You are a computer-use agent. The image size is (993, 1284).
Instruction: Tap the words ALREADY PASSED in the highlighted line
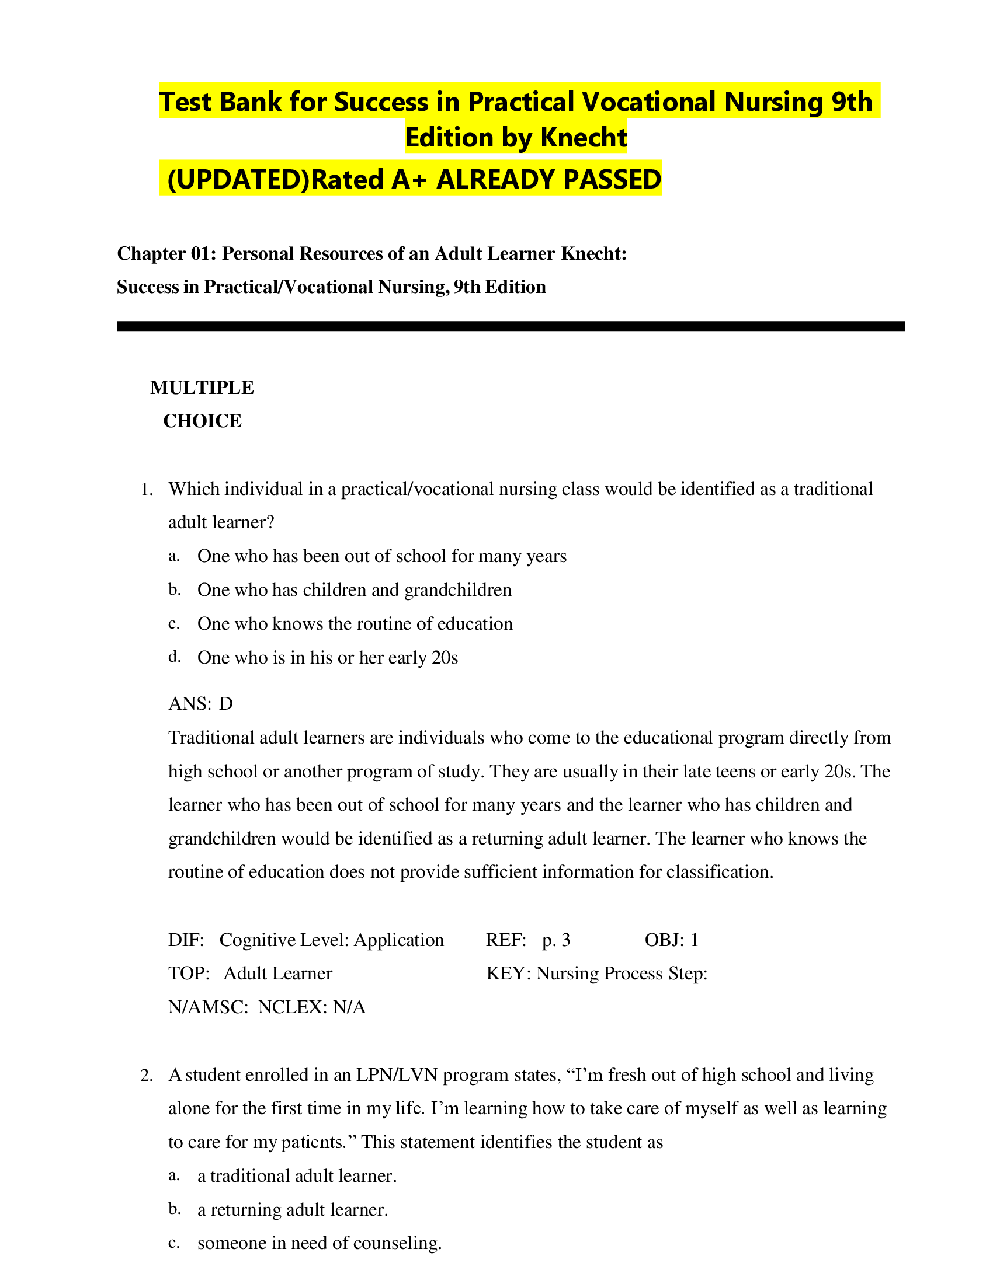(x=549, y=179)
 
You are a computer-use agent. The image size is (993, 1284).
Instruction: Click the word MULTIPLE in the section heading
(x=202, y=388)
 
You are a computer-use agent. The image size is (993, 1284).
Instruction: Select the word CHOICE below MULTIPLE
(x=202, y=421)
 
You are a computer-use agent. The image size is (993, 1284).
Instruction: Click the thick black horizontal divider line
(x=510, y=326)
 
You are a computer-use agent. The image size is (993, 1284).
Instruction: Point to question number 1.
(x=147, y=490)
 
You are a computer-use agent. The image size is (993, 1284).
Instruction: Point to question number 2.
(x=147, y=1076)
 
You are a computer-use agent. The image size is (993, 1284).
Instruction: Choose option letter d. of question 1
(x=174, y=657)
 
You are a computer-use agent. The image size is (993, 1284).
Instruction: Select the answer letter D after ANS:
(x=226, y=704)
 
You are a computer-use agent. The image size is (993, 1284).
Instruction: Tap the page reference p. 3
(x=556, y=940)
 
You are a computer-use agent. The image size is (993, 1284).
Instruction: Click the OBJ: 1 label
(x=671, y=940)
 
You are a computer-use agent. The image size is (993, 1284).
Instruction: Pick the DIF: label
(x=186, y=940)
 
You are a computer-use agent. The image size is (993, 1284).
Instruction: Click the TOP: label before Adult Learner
(x=189, y=974)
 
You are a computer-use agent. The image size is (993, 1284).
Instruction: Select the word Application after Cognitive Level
(x=398, y=940)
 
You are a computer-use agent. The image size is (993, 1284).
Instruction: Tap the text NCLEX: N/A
(x=312, y=1007)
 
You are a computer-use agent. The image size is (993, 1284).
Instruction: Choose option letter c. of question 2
(x=174, y=1242)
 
